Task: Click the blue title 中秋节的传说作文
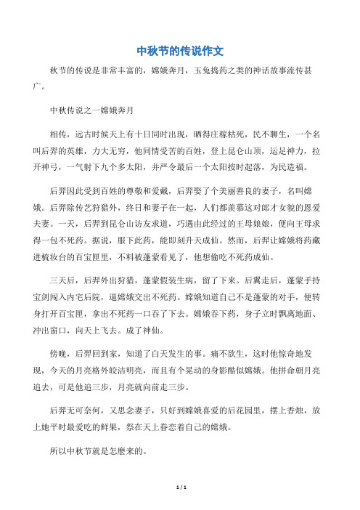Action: click(x=179, y=52)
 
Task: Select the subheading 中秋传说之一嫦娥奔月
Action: click(x=89, y=111)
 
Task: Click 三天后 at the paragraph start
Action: click(x=60, y=280)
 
